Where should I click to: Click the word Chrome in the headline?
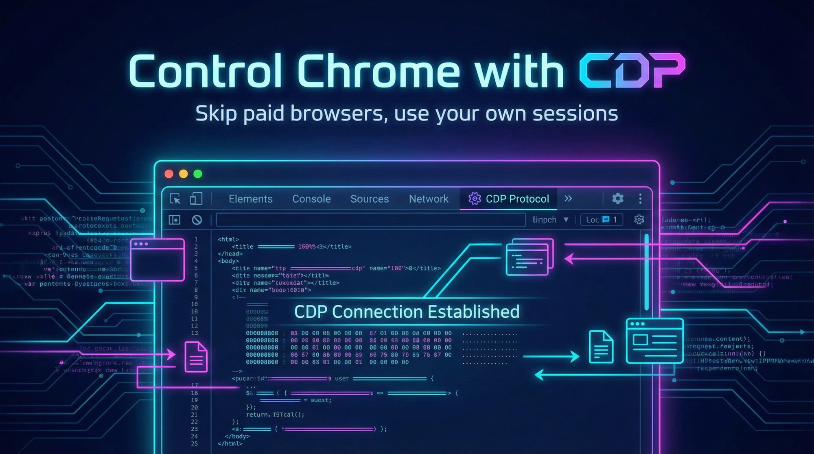379,71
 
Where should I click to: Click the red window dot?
169,174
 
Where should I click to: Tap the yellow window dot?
184,174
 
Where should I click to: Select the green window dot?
198,174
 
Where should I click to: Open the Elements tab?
250,199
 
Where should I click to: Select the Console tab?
311,199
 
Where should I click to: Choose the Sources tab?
370,199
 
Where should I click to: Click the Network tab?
429,199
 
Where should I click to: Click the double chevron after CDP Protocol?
568,199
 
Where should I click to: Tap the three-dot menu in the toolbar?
640,199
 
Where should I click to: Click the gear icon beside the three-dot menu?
618,199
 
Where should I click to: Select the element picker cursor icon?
175,199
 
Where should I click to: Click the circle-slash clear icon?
197,220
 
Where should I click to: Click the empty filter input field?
370,220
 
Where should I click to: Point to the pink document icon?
196,357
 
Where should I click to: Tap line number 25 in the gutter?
195,443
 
